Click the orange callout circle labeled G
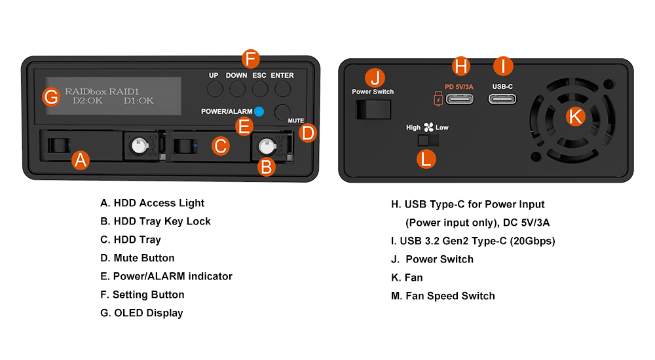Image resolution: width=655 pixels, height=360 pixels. pyautogui.click(x=50, y=97)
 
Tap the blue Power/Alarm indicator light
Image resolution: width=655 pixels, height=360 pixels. pyautogui.click(x=259, y=111)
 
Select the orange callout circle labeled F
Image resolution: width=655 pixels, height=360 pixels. pyautogui.click(x=250, y=58)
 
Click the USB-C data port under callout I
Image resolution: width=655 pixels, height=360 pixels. pyautogui.click(x=502, y=99)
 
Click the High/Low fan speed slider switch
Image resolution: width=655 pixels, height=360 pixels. pyautogui.click(x=426, y=140)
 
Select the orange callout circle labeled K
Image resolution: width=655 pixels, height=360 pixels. pyautogui.click(x=575, y=117)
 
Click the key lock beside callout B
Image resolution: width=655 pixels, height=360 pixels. pyautogui.click(x=268, y=145)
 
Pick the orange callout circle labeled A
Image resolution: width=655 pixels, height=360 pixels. pyautogui.click(x=80, y=159)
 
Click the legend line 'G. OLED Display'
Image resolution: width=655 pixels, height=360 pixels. pyautogui.click(x=141, y=313)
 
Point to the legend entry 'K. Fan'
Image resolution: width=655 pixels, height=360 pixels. pyautogui.click(x=407, y=278)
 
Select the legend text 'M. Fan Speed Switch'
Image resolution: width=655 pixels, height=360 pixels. pyautogui.click(x=443, y=296)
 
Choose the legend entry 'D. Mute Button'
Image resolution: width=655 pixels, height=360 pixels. pyautogui.click(x=138, y=258)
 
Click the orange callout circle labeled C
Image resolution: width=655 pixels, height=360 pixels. pyautogui.click(x=221, y=145)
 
